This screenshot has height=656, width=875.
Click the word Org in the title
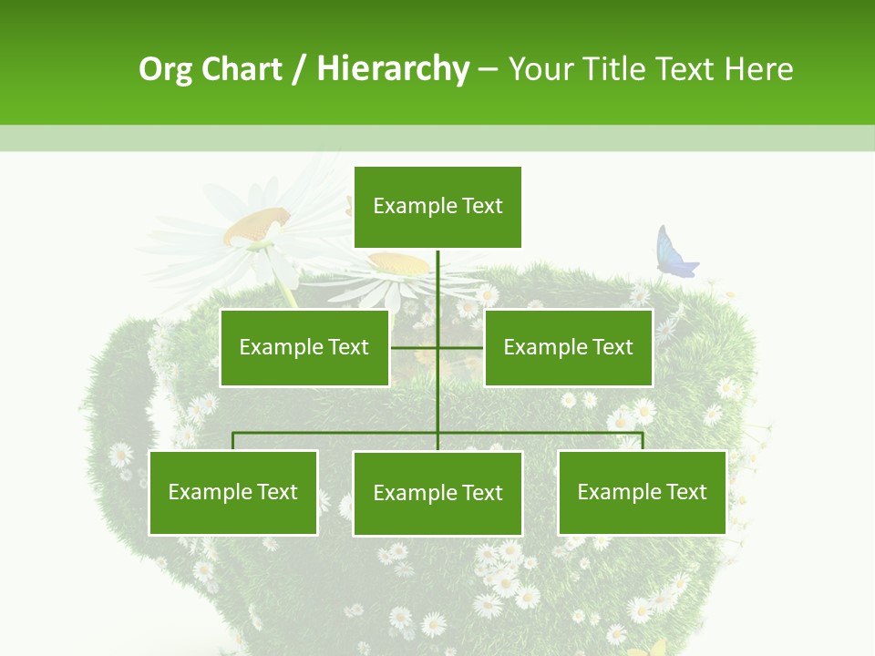point(165,69)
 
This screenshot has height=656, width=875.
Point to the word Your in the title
point(540,69)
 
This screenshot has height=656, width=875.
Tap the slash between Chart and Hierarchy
point(298,70)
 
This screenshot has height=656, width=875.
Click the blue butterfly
point(674,252)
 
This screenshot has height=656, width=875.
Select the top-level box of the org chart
point(437,207)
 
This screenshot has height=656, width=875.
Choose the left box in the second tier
point(304,347)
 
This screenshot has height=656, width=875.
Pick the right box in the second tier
point(568,347)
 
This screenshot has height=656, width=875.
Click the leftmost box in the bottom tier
point(233,493)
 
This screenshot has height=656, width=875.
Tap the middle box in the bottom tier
point(437,494)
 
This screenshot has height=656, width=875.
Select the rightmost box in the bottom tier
point(642,493)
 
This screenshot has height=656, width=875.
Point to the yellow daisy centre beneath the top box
point(398,263)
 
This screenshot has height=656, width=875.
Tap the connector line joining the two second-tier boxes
point(460,347)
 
